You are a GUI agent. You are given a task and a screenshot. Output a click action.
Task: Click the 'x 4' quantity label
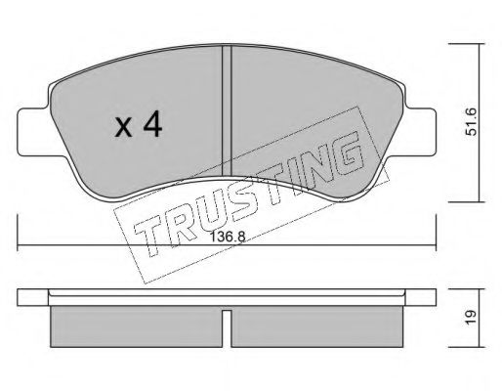pos(137,126)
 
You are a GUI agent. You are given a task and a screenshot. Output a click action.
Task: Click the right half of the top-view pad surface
pos(303,108)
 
